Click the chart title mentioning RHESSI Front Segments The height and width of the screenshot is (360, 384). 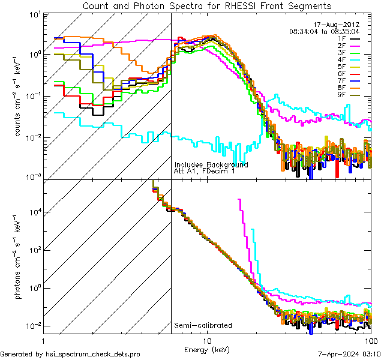click(x=206, y=6)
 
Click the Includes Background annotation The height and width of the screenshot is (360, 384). click(x=211, y=164)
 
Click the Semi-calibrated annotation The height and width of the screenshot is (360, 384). click(x=203, y=326)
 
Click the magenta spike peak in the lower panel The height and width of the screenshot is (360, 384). click(x=240, y=200)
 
